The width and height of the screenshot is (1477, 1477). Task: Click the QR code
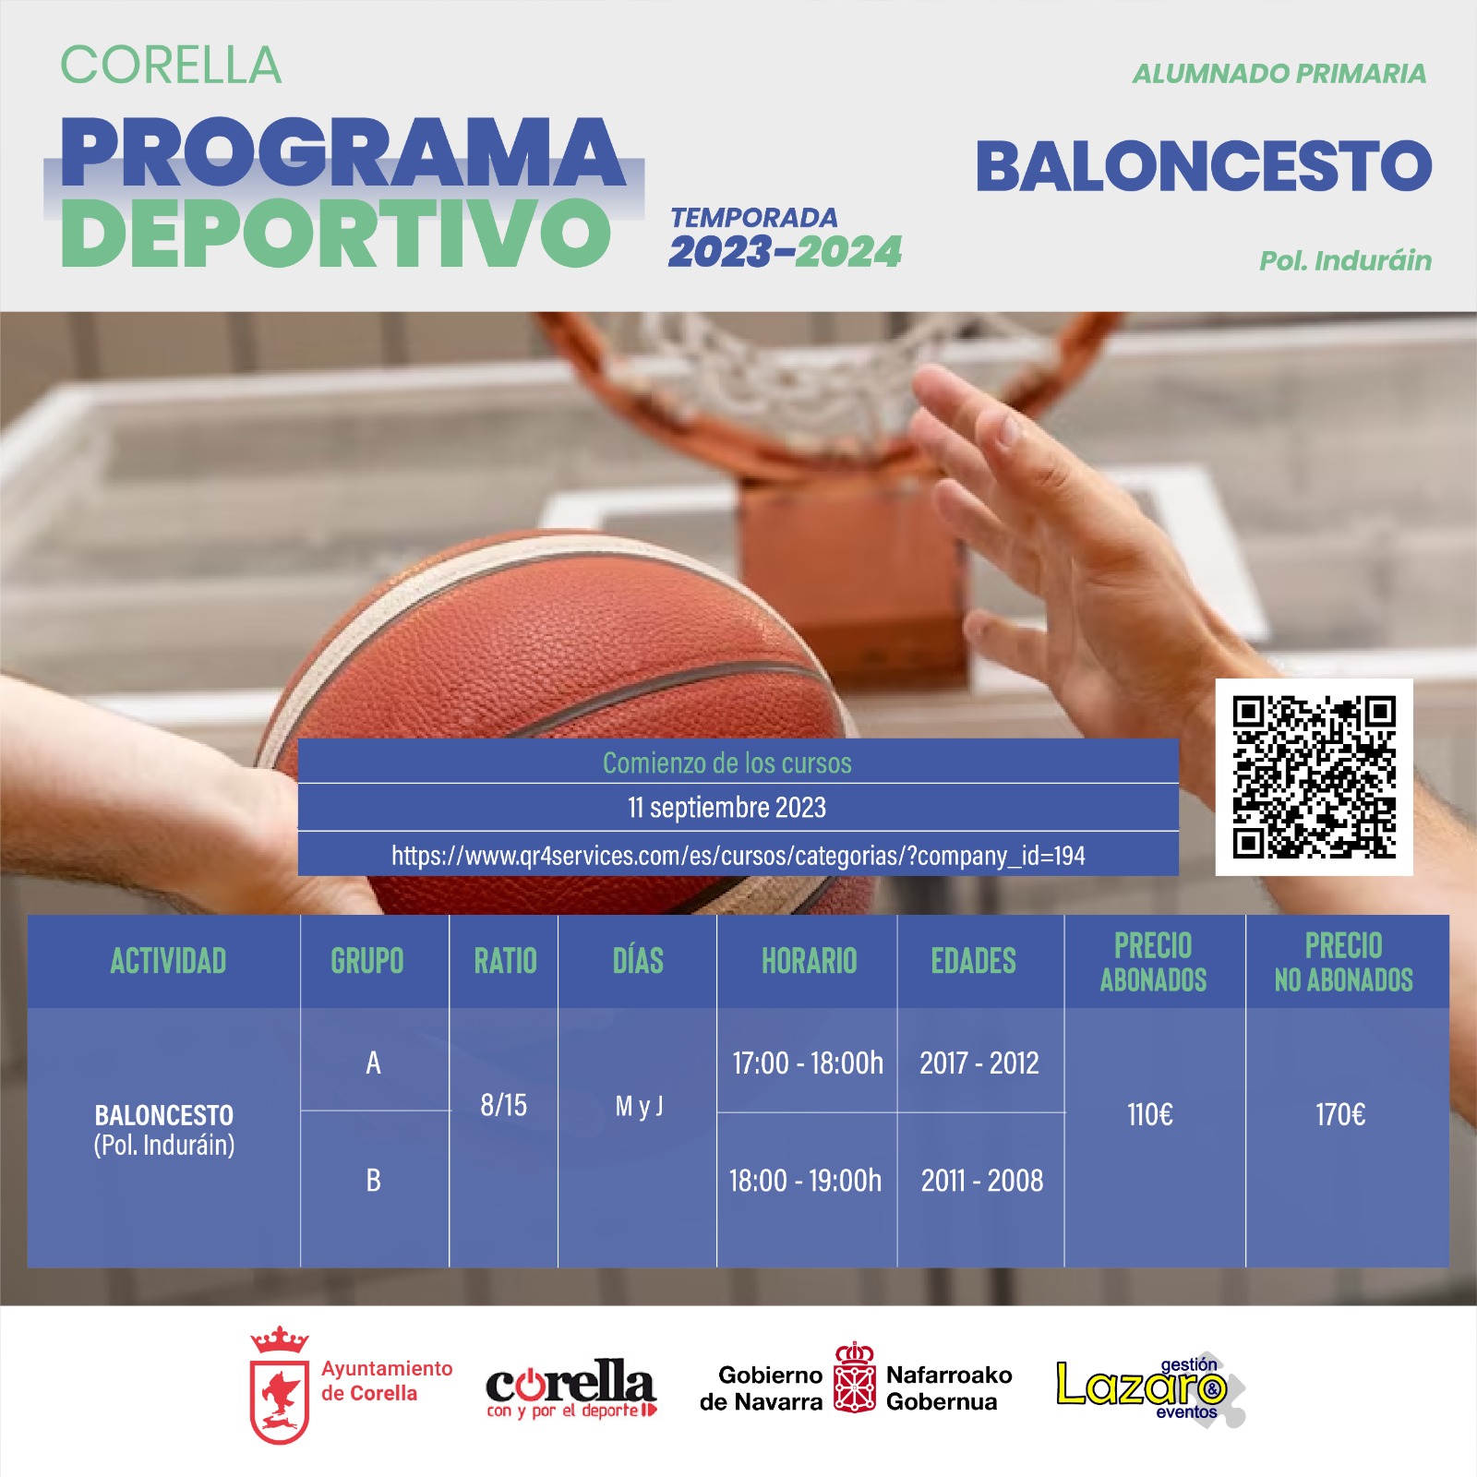click(x=1314, y=777)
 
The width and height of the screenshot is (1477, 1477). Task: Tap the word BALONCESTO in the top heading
click(x=1204, y=166)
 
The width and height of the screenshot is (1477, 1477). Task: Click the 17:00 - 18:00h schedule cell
click(x=808, y=1063)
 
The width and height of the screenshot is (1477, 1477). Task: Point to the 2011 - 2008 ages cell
click(x=982, y=1180)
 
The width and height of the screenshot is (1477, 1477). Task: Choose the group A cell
click(x=373, y=1063)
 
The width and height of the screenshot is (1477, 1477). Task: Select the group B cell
click(x=373, y=1180)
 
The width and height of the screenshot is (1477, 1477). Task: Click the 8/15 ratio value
click(x=503, y=1104)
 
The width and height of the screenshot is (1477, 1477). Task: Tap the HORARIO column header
click(x=809, y=961)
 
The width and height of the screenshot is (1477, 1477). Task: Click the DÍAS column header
click(x=638, y=960)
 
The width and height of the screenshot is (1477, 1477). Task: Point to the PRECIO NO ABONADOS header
click(x=1343, y=962)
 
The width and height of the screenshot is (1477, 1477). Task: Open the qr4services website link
click(x=738, y=856)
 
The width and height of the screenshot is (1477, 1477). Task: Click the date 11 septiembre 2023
click(x=726, y=808)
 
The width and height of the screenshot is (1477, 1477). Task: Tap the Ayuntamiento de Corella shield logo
click(x=280, y=1385)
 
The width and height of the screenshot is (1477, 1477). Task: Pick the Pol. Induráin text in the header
click(x=1346, y=260)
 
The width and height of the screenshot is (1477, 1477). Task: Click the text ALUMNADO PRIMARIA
click(x=1279, y=74)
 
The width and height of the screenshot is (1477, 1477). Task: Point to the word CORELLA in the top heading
click(x=171, y=65)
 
